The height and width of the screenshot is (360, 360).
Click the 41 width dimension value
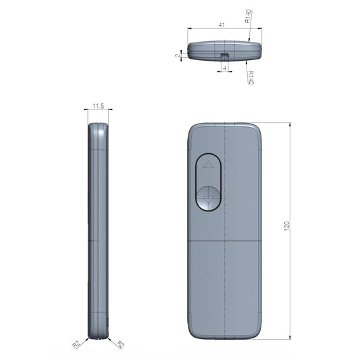(221, 24)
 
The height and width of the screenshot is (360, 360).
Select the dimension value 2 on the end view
(178, 56)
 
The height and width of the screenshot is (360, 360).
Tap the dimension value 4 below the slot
(224, 68)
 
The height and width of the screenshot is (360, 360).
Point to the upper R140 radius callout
(249, 17)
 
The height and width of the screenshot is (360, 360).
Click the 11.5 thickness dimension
(98, 106)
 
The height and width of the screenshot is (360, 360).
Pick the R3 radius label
(121, 344)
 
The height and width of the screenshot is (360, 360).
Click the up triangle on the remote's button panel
(208, 164)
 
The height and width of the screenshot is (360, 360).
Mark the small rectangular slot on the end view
(224, 52)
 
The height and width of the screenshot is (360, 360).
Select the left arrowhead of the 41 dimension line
(189, 29)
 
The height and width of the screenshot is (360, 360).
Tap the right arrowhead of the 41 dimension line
(260, 29)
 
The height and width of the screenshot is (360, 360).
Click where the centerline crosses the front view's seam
(224, 240)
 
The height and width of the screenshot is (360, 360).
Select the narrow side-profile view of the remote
(98, 230)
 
